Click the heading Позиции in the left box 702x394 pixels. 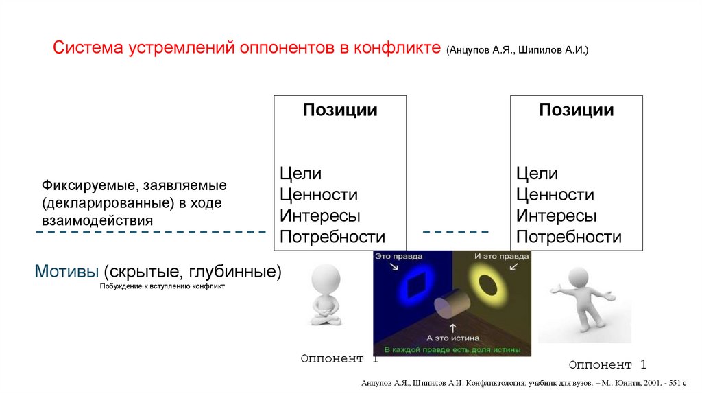pyautogui.click(x=340, y=111)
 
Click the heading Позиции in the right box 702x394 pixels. pyautogui.click(x=576, y=111)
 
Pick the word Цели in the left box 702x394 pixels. pyautogui.click(x=300, y=174)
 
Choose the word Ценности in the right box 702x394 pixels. pyautogui.click(x=555, y=195)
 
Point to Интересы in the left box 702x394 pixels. pyautogui.click(x=319, y=216)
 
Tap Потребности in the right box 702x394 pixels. pyautogui.click(x=568, y=237)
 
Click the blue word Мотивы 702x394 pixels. pyautogui.click(x=66, y=271)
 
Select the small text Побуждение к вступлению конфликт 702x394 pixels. pyautogui.click(x=162, y=286)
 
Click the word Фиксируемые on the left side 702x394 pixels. pyautogui.click(x=87, y=186)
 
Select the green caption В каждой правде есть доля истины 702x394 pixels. pyautogui.click(x=452, y=349)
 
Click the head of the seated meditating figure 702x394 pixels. pyautogui.click(x=326, y=280)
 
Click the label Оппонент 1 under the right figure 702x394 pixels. pyautogui.click(x=607, y=364)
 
